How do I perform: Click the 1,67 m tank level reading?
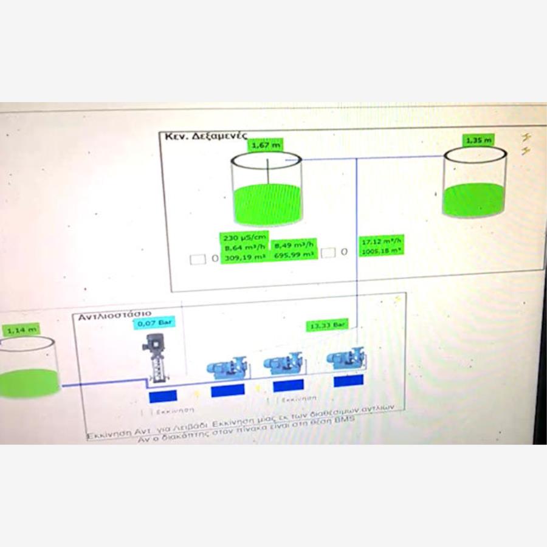(x=266, y=145)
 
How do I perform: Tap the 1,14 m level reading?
(x=21, y=330)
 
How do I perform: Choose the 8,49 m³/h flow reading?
(x=294, y=246)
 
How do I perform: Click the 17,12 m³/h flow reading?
(x=382, y=241)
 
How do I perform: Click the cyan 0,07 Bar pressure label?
(x=154, y=323)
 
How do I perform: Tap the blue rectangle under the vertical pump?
(x=163, y=396)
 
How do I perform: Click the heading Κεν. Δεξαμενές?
(x=202, y=137)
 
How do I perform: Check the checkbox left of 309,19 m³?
(x=197, y=260)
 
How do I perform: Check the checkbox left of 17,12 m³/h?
(x=328, y=253)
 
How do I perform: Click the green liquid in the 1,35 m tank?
(x=473, y=200)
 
